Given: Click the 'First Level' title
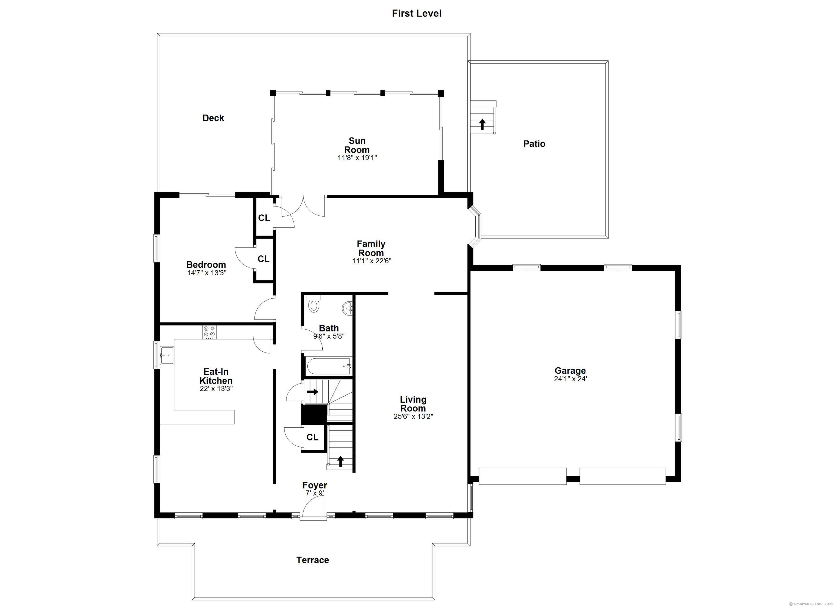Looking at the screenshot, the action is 416,14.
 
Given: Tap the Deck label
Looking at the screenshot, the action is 213,118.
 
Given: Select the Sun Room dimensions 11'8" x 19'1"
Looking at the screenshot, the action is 357,158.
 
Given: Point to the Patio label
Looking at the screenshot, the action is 534,143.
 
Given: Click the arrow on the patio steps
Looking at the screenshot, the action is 482,124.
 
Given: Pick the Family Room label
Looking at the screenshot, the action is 371,248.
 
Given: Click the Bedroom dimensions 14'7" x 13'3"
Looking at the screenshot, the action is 207,273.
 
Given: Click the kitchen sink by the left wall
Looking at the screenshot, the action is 167,356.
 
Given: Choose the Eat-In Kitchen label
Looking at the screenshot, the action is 216,376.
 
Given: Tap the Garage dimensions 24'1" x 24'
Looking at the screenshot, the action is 570,379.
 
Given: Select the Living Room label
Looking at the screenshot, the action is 413,404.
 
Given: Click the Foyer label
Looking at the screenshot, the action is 315,486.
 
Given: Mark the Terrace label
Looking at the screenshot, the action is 313,560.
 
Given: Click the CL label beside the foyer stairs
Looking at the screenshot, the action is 312,437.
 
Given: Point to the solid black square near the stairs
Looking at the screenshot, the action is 314,414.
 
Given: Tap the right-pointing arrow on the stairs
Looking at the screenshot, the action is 313,392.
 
